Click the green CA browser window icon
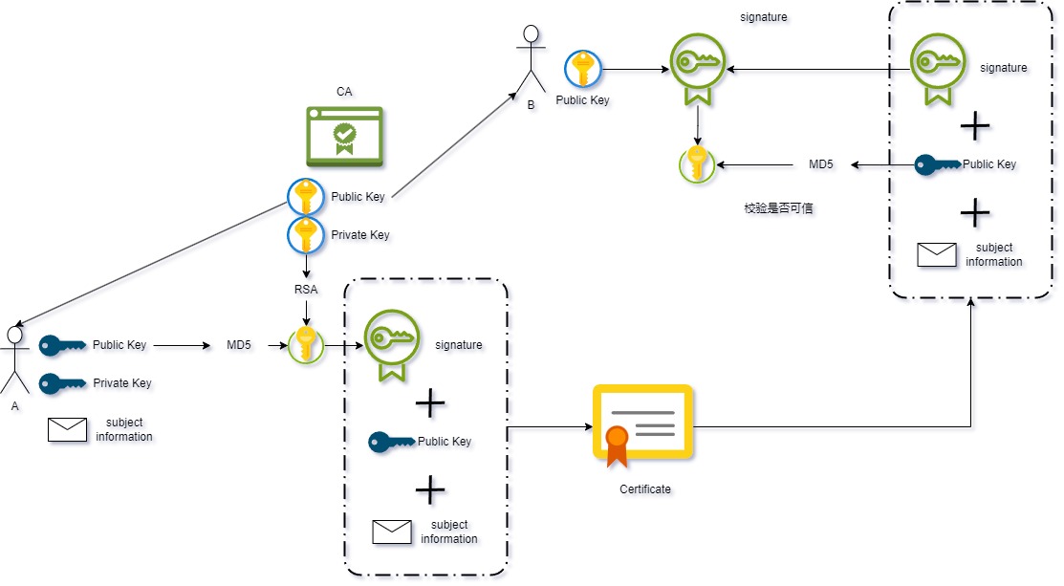[x=344, y=135]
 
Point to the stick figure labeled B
[x=531, y=60]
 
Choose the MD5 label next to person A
[x=239, y=344]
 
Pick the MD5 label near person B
[x=821, y=164]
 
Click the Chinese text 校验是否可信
[x=778, y=207]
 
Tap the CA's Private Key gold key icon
[x=306, y=234]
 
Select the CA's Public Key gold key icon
[x=306, y=197]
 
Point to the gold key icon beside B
[x=582, y=69]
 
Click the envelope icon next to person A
[x=67, y=430]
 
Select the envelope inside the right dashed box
[x=936, y=254]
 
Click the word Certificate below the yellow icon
[x=645, y=489]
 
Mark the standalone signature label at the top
[x=764, y=17]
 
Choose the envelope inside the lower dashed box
[x=392, y=532]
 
